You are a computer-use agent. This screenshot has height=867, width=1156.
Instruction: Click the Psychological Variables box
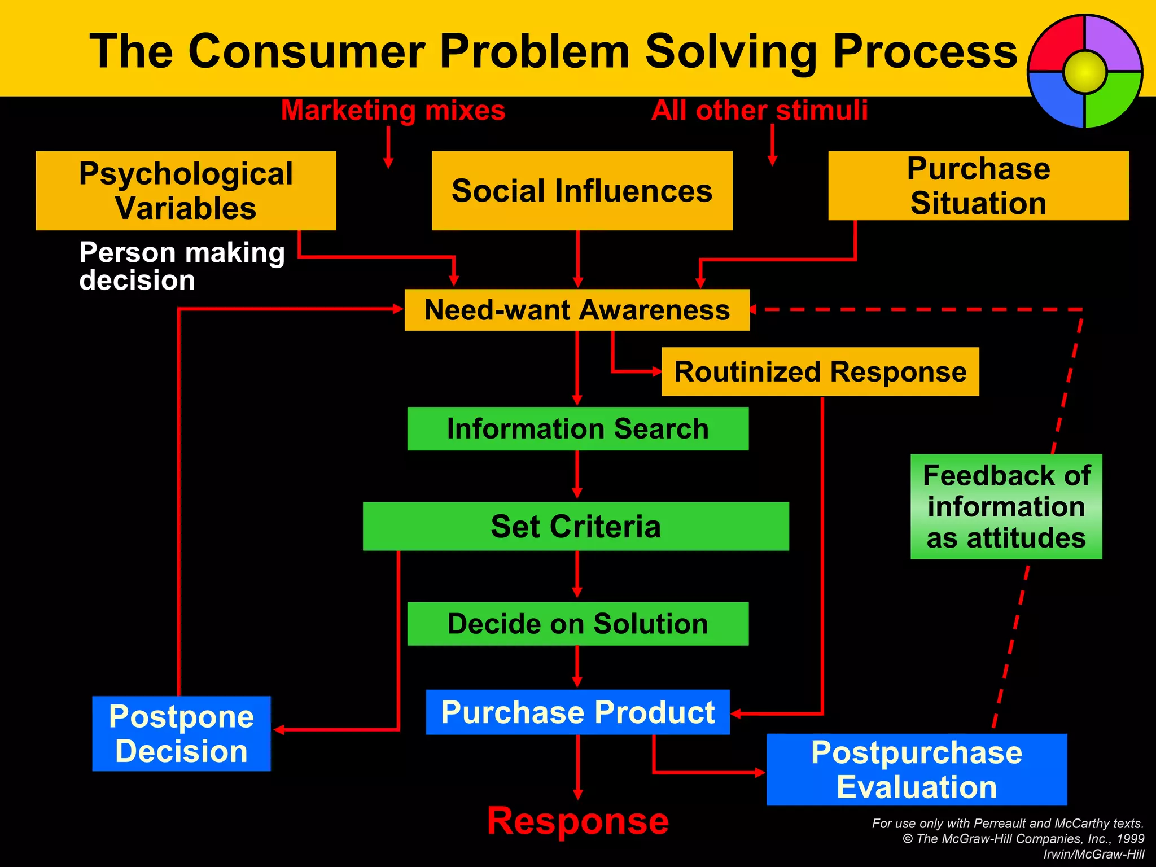click(186, 190)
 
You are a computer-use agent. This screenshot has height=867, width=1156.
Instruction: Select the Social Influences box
click(582, 190)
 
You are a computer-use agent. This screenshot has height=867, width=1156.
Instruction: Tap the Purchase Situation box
click(978, 185)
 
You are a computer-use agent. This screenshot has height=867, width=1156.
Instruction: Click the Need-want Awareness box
click(577, 310)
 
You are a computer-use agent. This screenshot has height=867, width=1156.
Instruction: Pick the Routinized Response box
click(820, 371)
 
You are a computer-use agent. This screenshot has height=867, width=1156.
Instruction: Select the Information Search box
click(577, 428)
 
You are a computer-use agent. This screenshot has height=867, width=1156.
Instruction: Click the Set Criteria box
click(576, 526)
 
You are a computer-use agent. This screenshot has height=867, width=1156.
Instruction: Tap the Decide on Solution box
click(577, 624)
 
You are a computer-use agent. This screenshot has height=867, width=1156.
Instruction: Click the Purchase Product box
click(577, 712)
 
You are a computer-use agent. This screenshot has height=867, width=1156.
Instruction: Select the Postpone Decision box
click(181, 733)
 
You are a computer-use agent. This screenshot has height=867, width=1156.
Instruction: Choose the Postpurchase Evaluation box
click(916, 769)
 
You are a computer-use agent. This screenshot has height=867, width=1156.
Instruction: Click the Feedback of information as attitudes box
click(1006, 506)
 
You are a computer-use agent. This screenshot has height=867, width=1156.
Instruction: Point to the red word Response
click(577, 821)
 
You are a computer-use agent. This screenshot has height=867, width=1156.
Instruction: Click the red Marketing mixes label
click(393, 110)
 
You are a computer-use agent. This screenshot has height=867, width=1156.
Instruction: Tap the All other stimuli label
click(759, 110)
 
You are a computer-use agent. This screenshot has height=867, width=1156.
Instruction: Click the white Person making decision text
click(182, 266)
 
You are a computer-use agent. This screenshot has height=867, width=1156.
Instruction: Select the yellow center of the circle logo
click(1085, 72)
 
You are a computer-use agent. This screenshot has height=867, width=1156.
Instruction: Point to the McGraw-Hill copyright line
click(1023, 839)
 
